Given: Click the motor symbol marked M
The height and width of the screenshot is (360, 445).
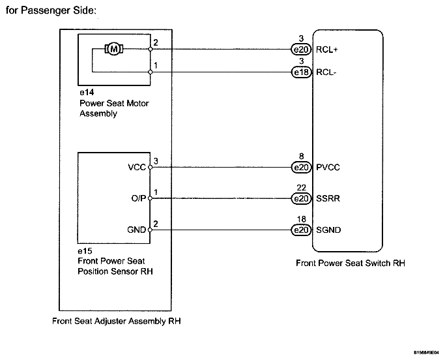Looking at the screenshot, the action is tap(114, 49).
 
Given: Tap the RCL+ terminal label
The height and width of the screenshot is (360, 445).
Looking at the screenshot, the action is tap(326, 50).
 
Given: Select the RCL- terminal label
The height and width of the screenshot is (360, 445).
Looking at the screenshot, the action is tap(326, 72).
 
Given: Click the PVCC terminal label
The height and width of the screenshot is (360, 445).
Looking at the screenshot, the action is tap(328, 168).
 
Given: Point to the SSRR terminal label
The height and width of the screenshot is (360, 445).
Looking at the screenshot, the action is tap(328, 198).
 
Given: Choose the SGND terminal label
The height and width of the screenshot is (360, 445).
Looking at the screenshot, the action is tap(328, 230).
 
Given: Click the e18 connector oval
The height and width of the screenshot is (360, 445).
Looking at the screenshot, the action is tap(302, 72).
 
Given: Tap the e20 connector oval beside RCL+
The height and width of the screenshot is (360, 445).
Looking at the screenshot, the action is tap(301, 50).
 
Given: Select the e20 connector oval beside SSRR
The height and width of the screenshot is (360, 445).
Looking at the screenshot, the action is tap(301, 198).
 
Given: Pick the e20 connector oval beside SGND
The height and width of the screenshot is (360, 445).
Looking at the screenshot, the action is tap(301, 230).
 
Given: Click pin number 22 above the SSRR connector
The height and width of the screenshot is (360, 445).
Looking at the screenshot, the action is tap(302, 188).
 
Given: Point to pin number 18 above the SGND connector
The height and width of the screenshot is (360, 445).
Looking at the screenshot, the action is tap(302, 219).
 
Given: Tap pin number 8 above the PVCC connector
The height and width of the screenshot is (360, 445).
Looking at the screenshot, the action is tap(302, 157).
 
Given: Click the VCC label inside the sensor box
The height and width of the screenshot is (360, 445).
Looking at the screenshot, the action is tap(137, 168).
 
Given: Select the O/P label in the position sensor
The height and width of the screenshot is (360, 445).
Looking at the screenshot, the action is tap(139, 198).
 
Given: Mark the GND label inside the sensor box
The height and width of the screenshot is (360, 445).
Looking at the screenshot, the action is tap(137, 230).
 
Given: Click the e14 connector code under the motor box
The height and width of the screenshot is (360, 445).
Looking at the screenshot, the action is tap(87, 93).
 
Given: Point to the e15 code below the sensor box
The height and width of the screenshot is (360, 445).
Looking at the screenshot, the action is tap(85, 251).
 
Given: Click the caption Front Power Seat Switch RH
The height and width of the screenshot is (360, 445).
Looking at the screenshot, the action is tap(351, 263).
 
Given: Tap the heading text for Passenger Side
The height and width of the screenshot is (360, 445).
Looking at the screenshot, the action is tap(51, 10).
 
